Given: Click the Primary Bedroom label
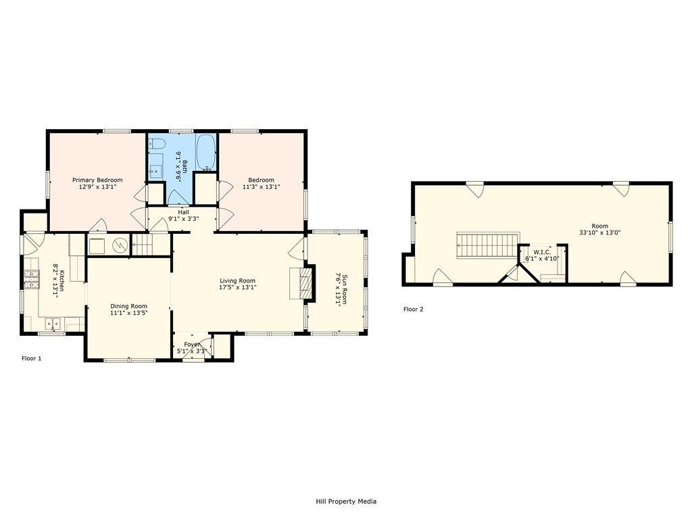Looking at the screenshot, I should click(98, 180).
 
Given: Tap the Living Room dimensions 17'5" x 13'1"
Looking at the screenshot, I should click(238, 288).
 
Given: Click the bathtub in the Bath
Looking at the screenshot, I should click(206, 153).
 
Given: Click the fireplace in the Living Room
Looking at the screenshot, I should click(302, 282).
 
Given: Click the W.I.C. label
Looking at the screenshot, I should click(542, 252).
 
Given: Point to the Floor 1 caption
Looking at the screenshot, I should click(32, 358).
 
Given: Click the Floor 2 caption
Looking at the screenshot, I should click(413, 310).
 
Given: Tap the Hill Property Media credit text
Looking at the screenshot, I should click(346, 501).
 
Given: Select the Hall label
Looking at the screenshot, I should click(183, 212).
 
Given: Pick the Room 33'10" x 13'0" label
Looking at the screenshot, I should click(599, 226).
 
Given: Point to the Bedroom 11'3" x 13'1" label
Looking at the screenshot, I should click(261, 180).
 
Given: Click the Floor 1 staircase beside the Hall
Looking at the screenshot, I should click(143, 245).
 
